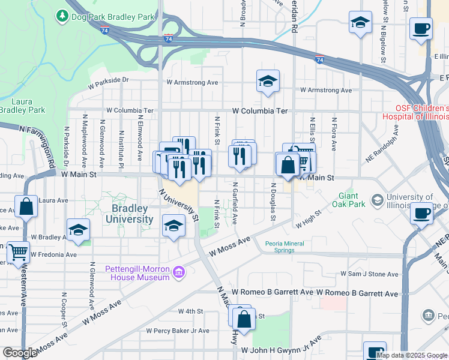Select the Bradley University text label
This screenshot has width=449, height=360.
pyautogui.click(x=130, y=214)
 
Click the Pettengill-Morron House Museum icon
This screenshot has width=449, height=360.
pyautogui.click(x=178, y=273)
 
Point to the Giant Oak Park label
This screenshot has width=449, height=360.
pyautogui.click(x=349, y=200)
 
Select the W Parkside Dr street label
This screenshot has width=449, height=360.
pyautogui.click(x=108, y=79)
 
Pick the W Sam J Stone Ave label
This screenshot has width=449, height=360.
pyautogui.click(x=369, y=274)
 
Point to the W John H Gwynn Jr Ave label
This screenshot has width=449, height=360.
pyautogui.click(x=279, y=350)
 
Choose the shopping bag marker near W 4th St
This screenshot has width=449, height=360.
pyautogui.click(x=244, y=321)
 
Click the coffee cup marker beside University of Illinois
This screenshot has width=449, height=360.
pyautogui.click(x=422, y=213)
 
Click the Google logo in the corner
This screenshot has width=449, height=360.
pyautogui.click(x=19, y=353)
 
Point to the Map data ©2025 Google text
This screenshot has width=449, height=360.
pyautogui.click(x=412, y=355)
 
